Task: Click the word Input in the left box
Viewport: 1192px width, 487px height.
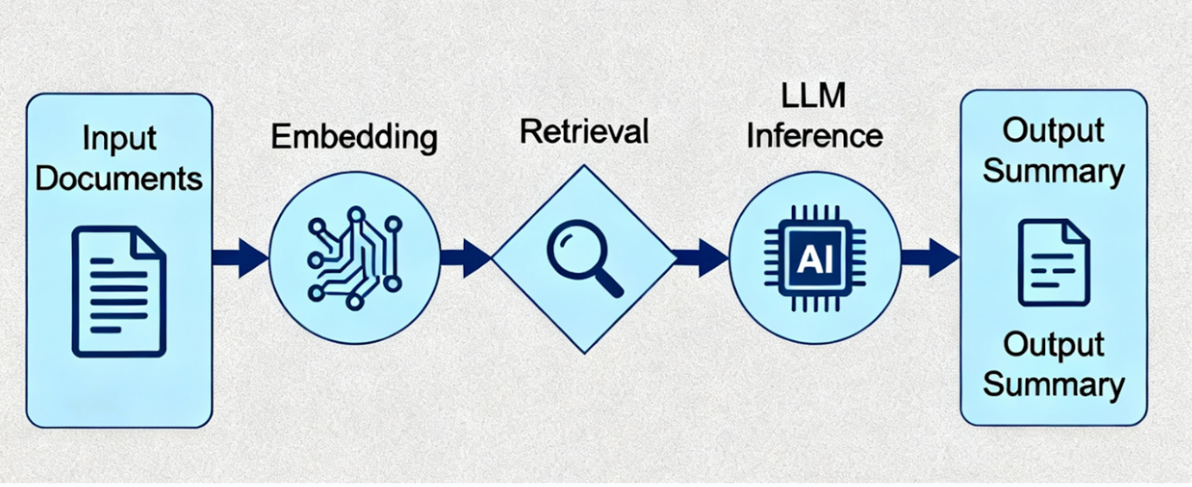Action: [119, 138]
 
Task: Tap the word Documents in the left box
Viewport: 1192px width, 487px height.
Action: [119, 179]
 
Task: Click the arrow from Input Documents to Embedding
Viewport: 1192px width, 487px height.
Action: [241, 258]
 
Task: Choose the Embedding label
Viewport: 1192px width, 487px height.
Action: [354, 138]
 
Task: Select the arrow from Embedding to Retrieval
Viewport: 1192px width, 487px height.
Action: [466, 258]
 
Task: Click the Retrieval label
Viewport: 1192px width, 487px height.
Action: [584, 132]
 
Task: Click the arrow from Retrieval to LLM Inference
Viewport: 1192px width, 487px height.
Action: [701, 258]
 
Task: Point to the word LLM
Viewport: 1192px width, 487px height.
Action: [816, 95]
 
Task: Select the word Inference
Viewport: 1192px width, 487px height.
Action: [816, 136]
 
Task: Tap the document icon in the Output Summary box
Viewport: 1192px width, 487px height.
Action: [1053, 262]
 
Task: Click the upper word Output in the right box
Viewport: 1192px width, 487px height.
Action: [1053, 131]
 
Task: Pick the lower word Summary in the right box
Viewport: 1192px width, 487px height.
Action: [1053, 385]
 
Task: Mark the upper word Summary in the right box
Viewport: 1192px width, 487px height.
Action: [1053, 171]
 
